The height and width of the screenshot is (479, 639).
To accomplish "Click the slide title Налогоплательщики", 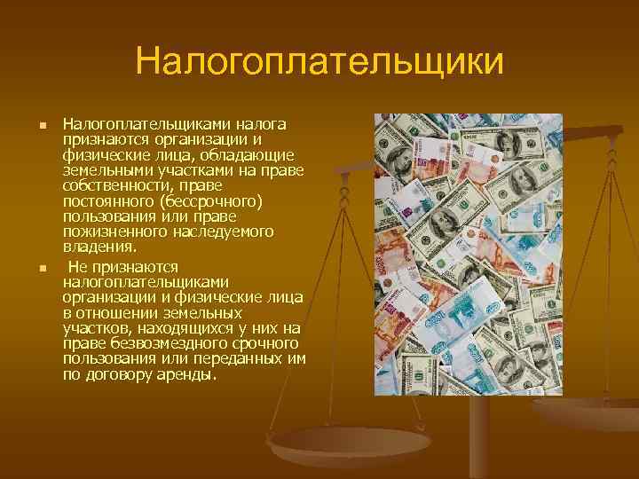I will (319, 63).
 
